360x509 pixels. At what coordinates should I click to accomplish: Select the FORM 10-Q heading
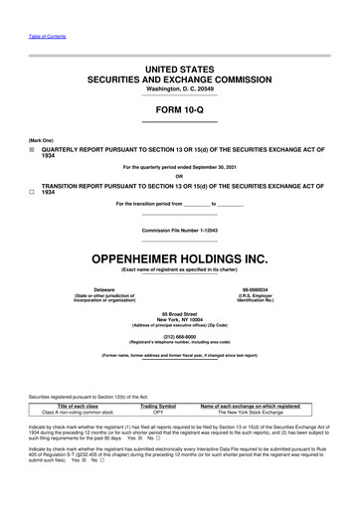(179, 110)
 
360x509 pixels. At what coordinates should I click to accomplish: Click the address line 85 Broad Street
(179, 314)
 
